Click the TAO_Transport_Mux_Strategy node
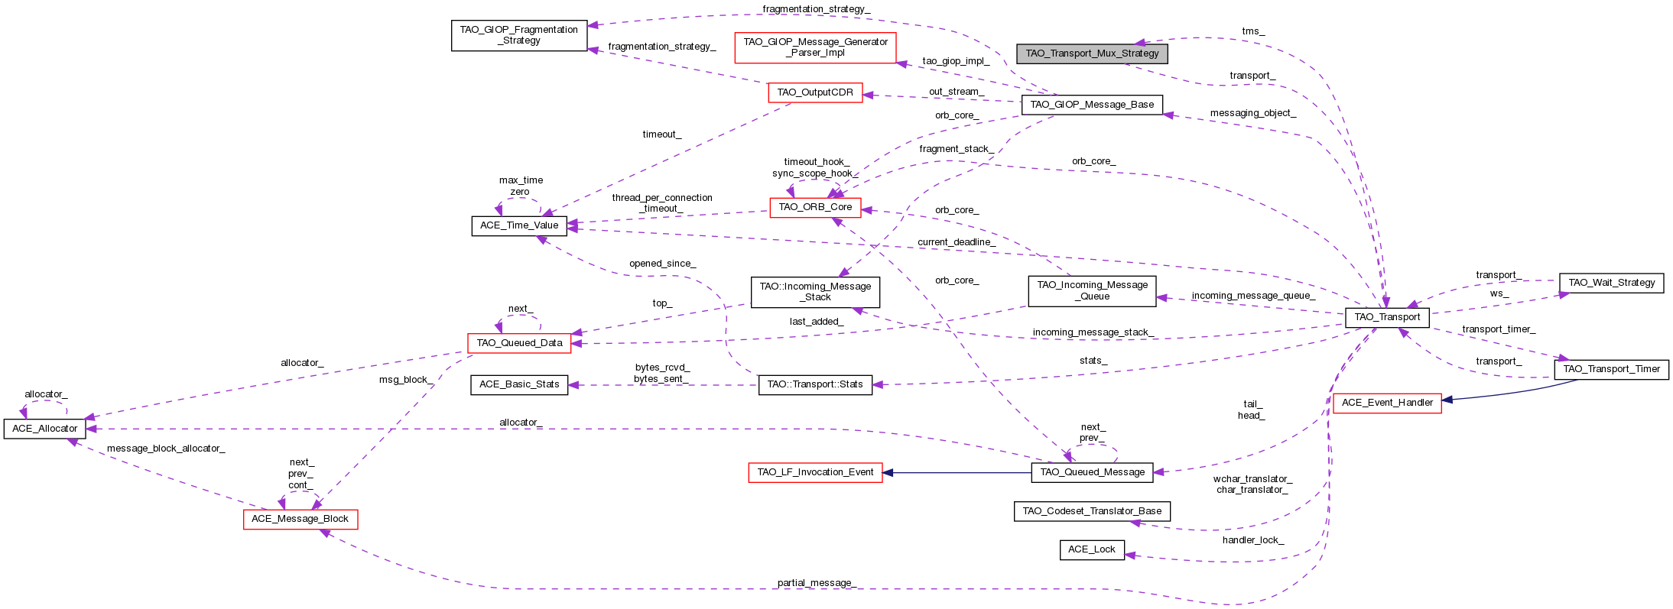tap(1092, 53)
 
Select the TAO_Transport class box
tap(1387, 317)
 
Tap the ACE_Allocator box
tap(45, 429)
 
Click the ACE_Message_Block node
tap(300, 519)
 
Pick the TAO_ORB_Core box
tap(815, 207)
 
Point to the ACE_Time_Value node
tap(519, 225)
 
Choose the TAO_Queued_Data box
tap(519, 343)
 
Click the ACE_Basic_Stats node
tap(519, 384)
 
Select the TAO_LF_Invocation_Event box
tap(815, 472)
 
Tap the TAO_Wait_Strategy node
tap(1611, 283)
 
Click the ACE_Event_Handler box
tap(1387, 403)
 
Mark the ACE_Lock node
tap(1092, 549)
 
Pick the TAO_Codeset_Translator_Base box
tap(1092, 511)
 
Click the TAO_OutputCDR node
tap(815, 92)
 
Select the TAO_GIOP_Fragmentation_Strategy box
tap(519, 35)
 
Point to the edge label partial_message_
tap(816, 583)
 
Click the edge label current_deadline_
tap(956, 242)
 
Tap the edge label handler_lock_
tap(1252, 540)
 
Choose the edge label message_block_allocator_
tap(166, 449)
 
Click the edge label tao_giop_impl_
tap(956, 61)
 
